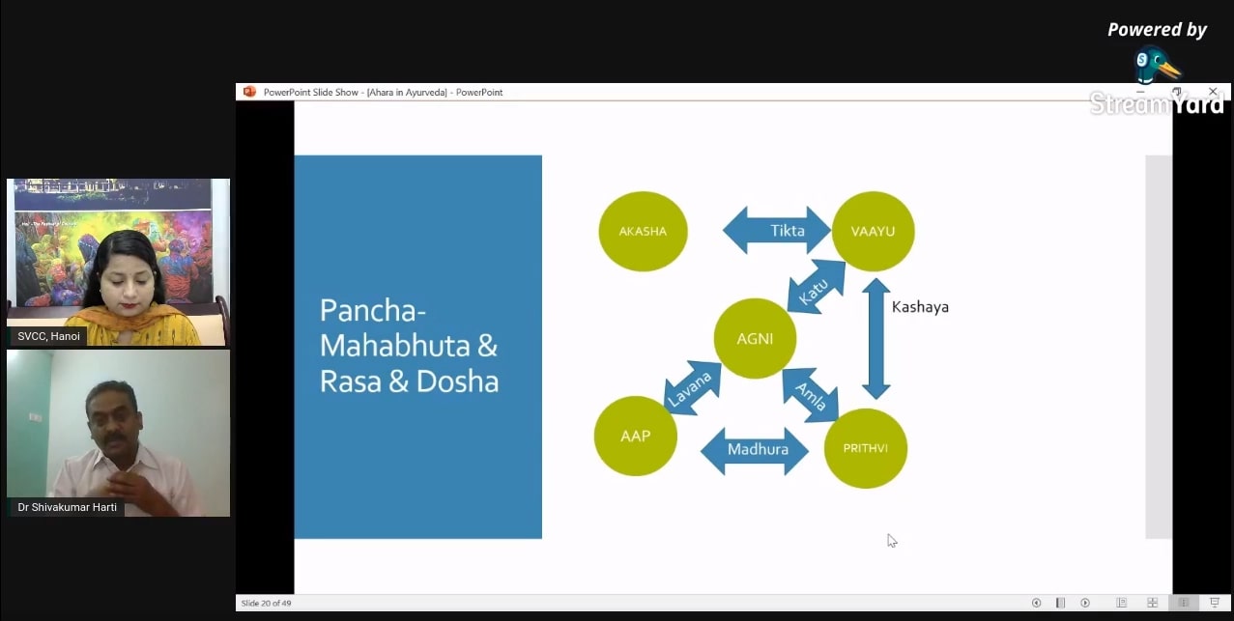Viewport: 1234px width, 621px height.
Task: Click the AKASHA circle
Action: point(643,232)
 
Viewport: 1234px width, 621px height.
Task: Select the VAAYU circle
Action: point(873,232)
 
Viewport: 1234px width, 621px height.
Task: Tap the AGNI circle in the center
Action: point(755,339)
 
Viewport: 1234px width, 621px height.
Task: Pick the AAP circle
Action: point(635,436)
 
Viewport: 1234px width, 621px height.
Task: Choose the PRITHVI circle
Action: point(865,448)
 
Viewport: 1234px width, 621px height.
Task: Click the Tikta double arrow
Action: point(777,231)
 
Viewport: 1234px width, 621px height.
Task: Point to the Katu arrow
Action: point(817,287)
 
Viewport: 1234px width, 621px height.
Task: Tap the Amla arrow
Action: point(810,393)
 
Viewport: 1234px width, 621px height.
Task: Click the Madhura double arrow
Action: point(755,450)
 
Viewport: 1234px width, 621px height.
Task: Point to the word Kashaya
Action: point(920,307)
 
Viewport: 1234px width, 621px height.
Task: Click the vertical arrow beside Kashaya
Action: point(875,338)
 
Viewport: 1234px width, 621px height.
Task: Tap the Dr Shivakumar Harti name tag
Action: point(67,507)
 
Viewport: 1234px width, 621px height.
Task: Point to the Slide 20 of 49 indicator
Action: point(266,604)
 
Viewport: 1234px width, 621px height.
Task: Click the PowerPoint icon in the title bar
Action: point(250,92)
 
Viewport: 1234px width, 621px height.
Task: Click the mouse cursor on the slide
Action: point(892,541)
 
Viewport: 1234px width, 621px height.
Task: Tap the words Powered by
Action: point(1157,30)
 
